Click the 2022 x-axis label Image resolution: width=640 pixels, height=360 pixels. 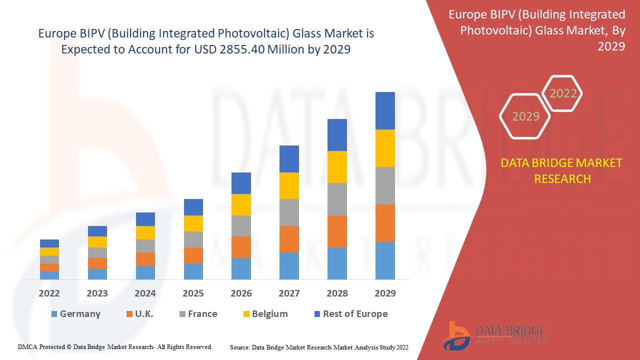point(49,293)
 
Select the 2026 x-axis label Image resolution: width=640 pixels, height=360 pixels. point(241,293)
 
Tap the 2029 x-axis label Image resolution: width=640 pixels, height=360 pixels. point(385,293)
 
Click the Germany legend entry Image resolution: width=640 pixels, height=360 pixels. point(75,314)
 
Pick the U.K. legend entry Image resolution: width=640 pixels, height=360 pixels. point(139,314)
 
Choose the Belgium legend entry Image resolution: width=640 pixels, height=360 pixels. point(264,314)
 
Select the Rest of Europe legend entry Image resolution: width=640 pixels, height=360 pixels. point(350,314)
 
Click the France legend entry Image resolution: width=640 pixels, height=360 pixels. point(198,314)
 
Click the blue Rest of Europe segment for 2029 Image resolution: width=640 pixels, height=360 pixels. point(385,110)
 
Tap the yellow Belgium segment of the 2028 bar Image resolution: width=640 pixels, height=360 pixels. point(337,167)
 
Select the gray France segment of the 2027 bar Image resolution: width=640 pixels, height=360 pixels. point(289,212)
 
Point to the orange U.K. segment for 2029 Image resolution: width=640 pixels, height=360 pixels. point(385,223)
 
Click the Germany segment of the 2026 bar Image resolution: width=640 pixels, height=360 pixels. point(241,268)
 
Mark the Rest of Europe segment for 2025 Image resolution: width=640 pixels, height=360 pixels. point(193,207)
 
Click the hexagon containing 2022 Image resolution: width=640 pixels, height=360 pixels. point(563,93)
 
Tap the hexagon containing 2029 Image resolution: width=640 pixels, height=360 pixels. point(525,116)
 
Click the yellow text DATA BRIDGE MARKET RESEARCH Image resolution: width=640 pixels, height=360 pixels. point(562,170)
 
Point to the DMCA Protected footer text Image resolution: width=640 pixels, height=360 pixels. point(115,346)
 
